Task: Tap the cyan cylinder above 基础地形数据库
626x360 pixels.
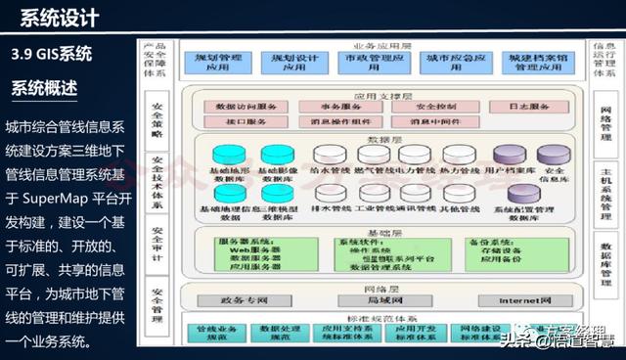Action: [228, 155]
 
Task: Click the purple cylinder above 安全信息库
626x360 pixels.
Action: [554, 155]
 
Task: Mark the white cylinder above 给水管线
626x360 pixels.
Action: [329, 155]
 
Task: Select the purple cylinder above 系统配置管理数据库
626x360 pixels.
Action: [514, 193]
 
